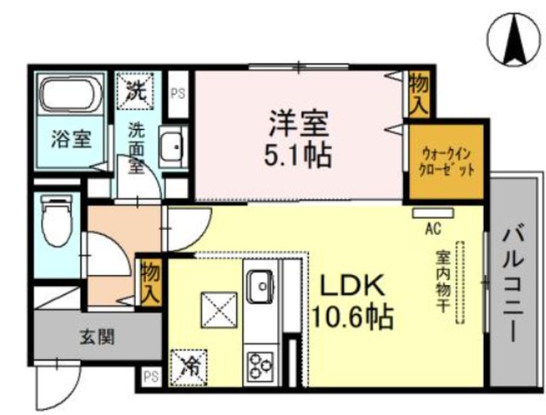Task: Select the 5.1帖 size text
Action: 298,156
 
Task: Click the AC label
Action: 433,228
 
